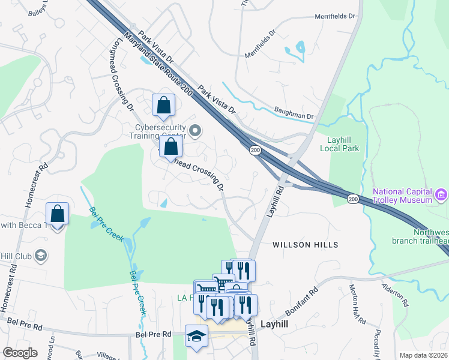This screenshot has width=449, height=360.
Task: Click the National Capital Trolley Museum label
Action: [x=402, y=196]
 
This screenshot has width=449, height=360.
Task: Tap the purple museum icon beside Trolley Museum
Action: [x=441, y=195]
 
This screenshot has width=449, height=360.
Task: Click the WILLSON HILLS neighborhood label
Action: [x=306, y=245]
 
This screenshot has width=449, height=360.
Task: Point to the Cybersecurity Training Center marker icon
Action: [x=194, y=130]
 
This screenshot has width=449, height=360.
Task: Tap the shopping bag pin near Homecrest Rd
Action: [x=58, y=214]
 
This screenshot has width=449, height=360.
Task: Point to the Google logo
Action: [x=20, y=353]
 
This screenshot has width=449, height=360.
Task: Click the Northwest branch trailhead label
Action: [x=420, y=236]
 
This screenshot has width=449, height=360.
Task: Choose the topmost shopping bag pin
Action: [x=163, y=106]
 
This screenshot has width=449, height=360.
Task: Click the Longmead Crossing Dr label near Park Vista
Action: [x=122, y=75]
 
